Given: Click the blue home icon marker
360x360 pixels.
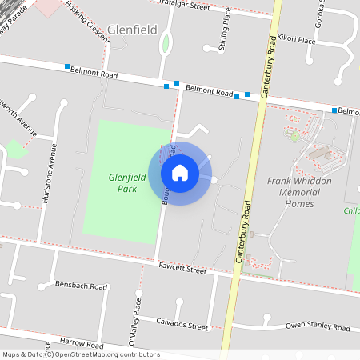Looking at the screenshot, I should (180, 172).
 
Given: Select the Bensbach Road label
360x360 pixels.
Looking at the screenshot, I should (82, 286).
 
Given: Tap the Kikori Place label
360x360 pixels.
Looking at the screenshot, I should (297, 38).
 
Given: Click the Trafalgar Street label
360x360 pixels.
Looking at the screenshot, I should (185, 6).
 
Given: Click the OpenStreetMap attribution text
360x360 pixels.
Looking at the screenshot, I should (81, 354).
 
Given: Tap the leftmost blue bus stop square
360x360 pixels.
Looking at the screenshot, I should (68, 66).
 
